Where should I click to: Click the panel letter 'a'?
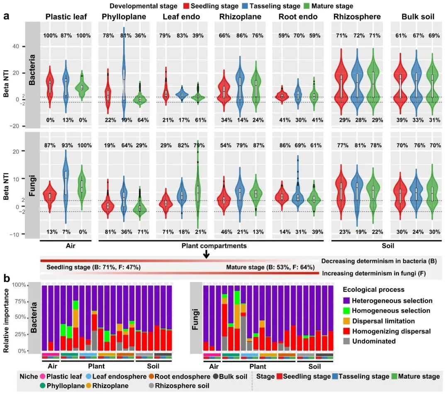pyautogui.click(x=7, y=17)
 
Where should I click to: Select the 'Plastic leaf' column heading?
pyautogui.click(x=67, y=17)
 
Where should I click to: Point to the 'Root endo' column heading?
pyautogui.click(x=298, y=17)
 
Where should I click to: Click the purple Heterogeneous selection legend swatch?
pyautogui.click(x=348, y=301)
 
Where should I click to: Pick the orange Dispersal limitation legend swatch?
pyautogui.click(x=348, y=321)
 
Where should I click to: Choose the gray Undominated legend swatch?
pyautogui.click(x=348, y=341)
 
